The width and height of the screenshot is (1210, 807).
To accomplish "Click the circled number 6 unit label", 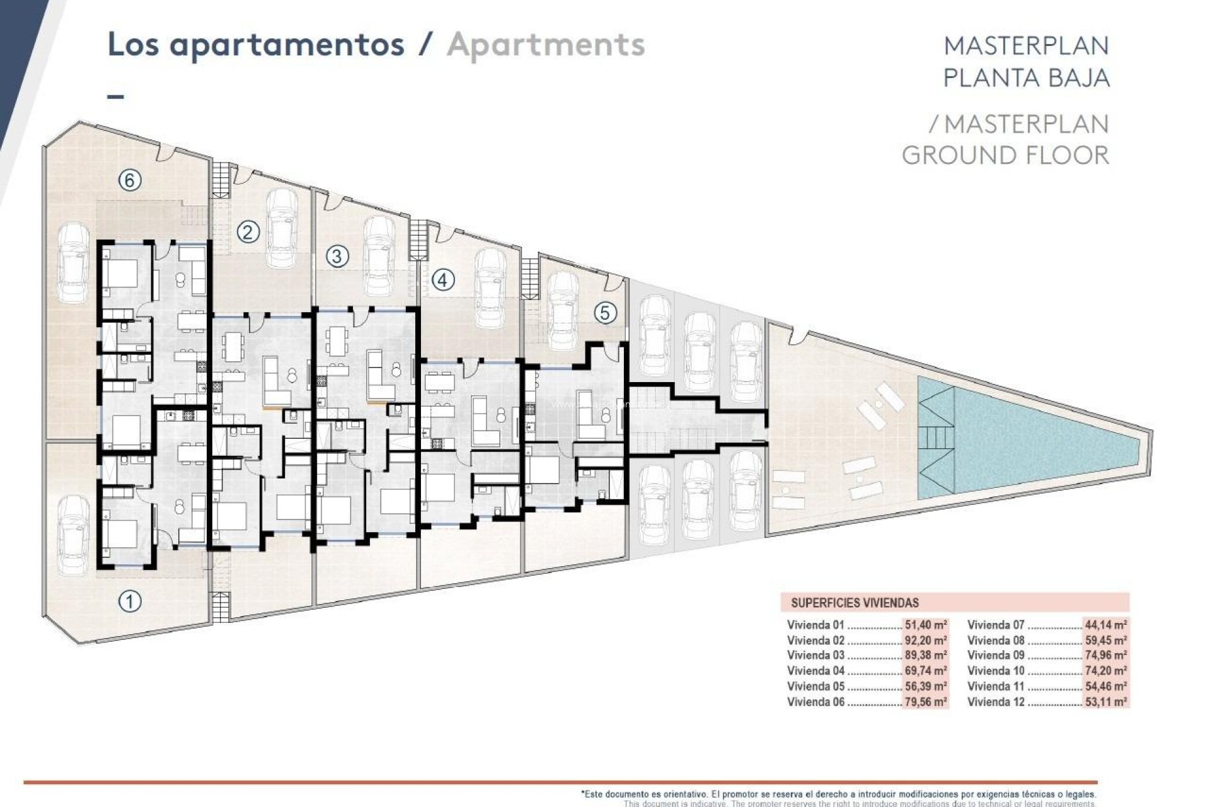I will (x=129, y=181).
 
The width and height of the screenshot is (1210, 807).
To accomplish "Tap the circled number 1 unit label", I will (x=130, y=601).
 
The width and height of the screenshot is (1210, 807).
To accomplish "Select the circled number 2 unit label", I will (x=248, y=233).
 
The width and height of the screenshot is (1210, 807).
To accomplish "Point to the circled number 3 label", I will (x=337, y=256).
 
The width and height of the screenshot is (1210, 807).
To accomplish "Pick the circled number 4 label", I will (x=442, y=279).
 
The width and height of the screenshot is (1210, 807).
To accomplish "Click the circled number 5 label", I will (x=605, y=313).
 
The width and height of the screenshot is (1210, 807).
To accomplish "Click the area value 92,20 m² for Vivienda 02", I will (x=925, y=641).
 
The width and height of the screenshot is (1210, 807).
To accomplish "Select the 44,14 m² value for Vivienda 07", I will (x=1105, y=625).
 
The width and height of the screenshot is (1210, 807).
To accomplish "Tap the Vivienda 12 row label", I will (x=996, y=702).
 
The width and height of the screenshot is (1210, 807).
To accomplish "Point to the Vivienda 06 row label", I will (x=815, y=702).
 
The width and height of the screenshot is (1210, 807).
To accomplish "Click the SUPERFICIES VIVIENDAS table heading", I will (x=855, y=603).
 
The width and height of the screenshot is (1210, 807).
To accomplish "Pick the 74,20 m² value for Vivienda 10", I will (x=1105, y=671).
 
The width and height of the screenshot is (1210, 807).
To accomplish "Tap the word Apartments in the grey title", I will (x=546, y=45).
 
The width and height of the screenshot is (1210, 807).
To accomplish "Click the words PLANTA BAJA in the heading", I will (x=1025, y=78).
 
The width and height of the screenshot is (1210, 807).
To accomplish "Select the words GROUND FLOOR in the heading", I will (x=1005, y=155).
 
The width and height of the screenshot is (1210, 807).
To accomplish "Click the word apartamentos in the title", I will (x=287, y=45).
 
